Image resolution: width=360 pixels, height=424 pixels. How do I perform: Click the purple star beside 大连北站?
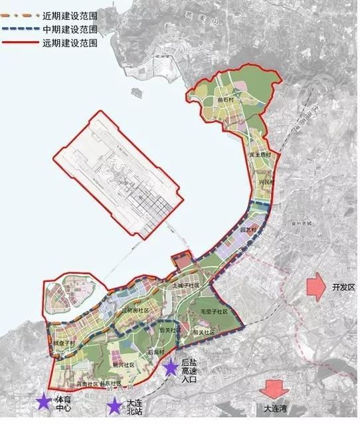pyautogui.click(x=116, y=405)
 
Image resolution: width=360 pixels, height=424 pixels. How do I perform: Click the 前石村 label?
pyautogui.click(x=225, y=100)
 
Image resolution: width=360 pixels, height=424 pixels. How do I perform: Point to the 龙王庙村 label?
pyautogui.click(x=258, y=154)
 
